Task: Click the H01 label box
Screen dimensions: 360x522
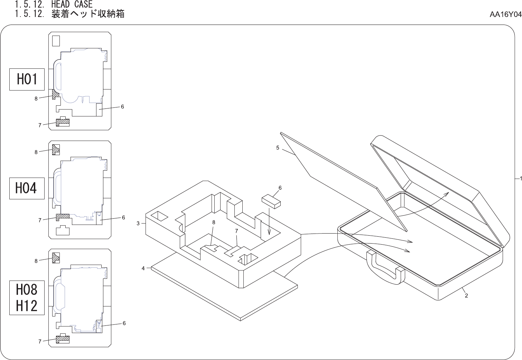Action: pyautogui.click(x=27, y=79)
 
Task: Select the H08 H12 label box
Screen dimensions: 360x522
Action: pyautogui.click(x=27, y=297)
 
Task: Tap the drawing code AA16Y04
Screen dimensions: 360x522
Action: pyautogui.click(x=505, y=15)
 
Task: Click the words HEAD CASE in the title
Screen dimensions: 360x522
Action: pyautogui.click(x=72, y=4)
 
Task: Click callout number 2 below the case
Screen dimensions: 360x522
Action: pyautogui.click(x=466, y=296)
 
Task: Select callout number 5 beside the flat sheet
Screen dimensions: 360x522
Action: pyautogui.click(x=278, y=148)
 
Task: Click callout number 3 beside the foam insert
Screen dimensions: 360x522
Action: pyautogui.click(x=138, y=224)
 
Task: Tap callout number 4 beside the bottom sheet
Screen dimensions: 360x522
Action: pyautogui.click(x=143, y=268)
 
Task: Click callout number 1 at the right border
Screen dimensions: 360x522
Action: pyautogui.click(x=520, y=178)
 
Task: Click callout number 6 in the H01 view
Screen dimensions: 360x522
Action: pyautogui.click(x=122, y=107)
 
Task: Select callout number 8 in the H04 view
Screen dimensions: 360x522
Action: pyautogui.click(x=36, y=152)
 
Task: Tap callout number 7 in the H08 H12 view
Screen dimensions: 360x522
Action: pyautogui.click(x=40, y=341)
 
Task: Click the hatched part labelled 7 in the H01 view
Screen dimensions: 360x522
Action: pyautogui.click(x=63, y=122)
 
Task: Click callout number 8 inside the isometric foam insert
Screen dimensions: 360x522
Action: pyautogui.click(x=214, y=222)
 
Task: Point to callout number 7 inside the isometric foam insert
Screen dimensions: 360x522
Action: pyautogui.click(x=236, y=231)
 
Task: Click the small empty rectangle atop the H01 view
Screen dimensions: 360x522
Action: pyautogui.click(x=56, y=41)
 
